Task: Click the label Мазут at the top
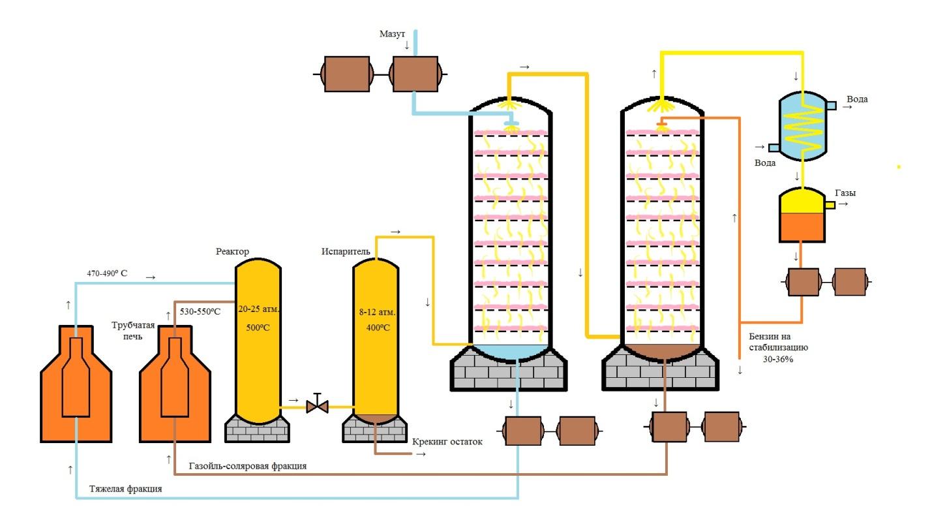[x=392, y=34]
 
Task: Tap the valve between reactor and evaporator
[x=317, y=405]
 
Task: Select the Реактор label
[x=232, y=251]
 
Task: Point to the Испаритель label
[x=345, y=251]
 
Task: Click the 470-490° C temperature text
[x=107, y=273]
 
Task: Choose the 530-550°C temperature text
[x=200, y=311]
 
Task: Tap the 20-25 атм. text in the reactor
[x=258, y=309]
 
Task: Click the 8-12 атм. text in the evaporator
[x=377, y=311]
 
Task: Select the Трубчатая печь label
[x=133, y=331]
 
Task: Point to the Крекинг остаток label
[x=447, y=441]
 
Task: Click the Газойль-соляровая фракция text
[x=248, y=465]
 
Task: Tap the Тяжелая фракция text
[x=125, y=489]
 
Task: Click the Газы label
[x=845, y=193]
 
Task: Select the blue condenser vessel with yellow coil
[x=803, y=126]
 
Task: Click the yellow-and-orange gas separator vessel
[x=802, y=215]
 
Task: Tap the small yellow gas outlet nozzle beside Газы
[x=830, y=205]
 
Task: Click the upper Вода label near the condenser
[x=857, y=99]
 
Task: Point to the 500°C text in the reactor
[x=258, y=328]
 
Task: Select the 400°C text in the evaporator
[x=378, y=328]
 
